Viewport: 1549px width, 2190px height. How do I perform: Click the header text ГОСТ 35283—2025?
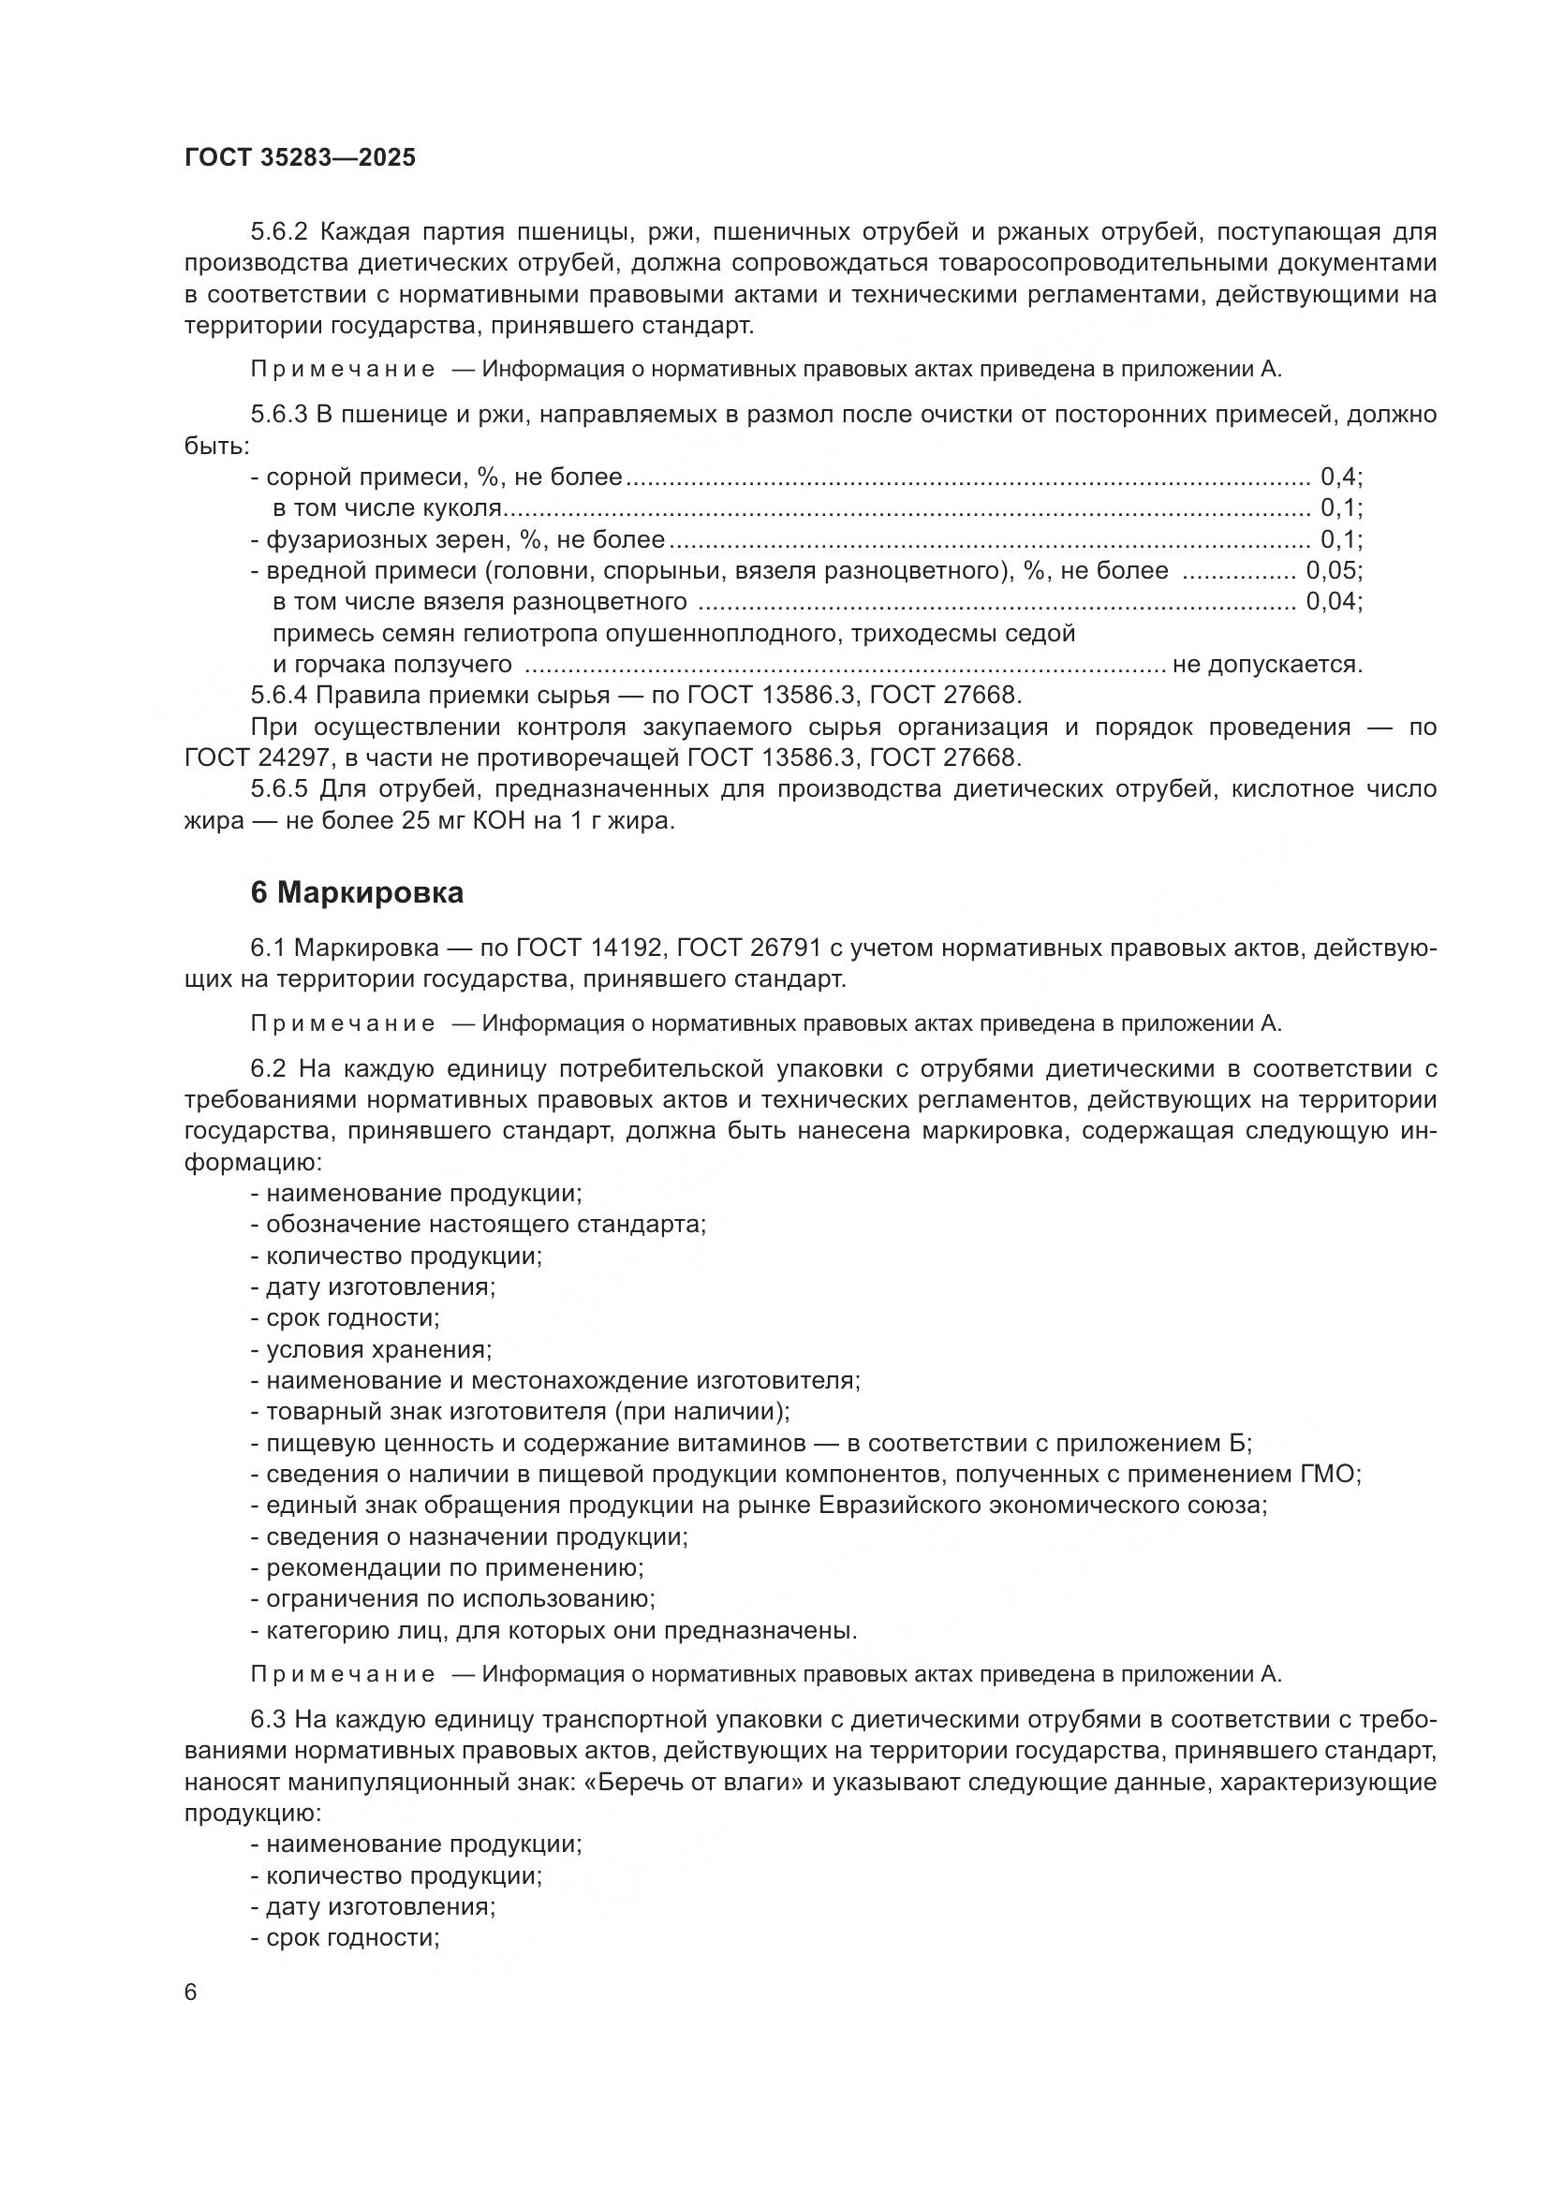(x=301, y=157)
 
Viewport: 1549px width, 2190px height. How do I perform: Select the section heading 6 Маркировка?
(x=357, y=893)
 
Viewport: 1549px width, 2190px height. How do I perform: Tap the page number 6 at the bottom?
(x=191, y=1992)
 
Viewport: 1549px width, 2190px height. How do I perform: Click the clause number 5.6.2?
(x=279, y=232)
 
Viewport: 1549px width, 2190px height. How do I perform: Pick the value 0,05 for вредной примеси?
(x=1333, y=570)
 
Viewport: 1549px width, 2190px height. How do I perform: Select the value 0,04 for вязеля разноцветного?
(x=1333, y=602)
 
